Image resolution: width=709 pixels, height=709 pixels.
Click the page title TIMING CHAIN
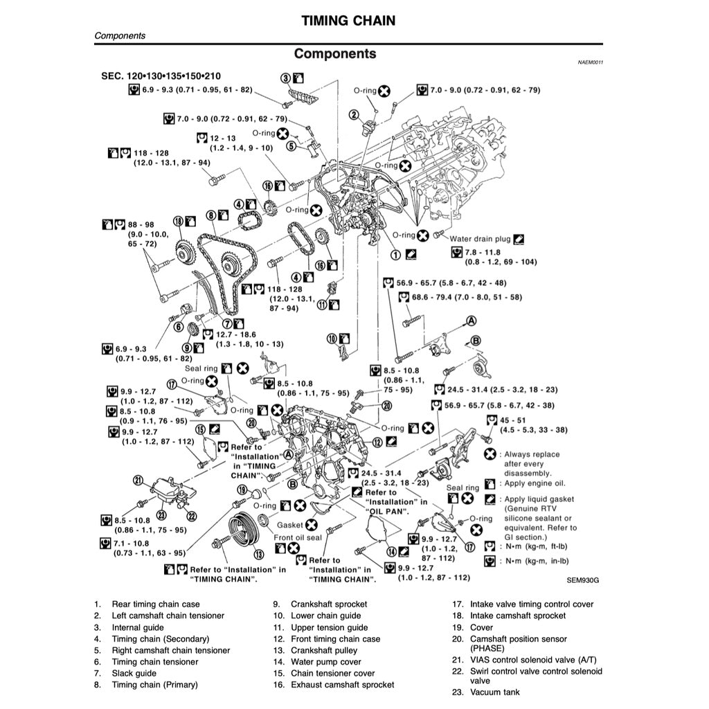348,20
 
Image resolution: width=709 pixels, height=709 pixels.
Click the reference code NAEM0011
590,62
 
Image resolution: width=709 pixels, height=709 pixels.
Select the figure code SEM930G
582,580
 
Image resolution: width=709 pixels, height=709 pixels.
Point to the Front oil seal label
298,537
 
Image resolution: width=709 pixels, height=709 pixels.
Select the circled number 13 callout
258,555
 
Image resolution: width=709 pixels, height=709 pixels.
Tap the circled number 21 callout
138,480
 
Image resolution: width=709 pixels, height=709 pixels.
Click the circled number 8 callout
211,216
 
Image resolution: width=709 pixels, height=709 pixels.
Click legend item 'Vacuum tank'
494,692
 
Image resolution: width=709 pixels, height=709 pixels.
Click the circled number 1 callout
395,255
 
